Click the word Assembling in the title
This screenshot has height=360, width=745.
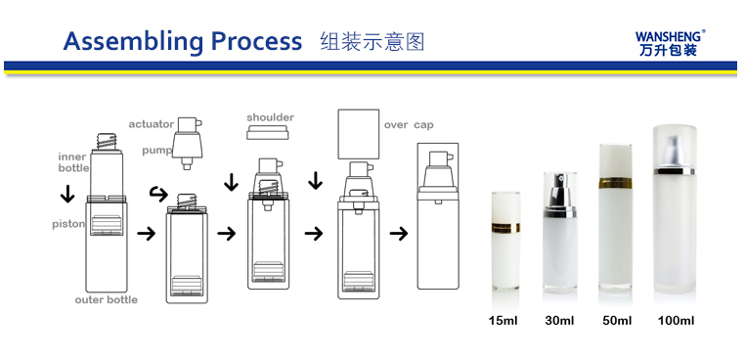133,41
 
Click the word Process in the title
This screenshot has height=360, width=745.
256,41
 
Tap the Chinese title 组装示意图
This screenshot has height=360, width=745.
372,42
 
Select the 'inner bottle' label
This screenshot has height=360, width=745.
73,162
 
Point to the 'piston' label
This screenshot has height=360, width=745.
68,224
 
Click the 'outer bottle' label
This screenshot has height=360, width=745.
107,299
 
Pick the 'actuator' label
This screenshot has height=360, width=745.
152,124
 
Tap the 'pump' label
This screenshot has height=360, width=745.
156,151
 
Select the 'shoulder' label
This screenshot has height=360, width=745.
271,117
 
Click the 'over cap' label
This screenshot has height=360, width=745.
409,125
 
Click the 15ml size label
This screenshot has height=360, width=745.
504,321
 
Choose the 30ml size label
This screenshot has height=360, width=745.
559,321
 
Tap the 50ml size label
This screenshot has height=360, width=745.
617,321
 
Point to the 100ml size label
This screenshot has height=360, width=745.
677,321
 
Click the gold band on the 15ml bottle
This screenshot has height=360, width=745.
505,227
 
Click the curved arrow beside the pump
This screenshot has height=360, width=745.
158,194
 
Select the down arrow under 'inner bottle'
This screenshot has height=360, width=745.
67,194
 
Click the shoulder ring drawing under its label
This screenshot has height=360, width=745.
268,132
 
